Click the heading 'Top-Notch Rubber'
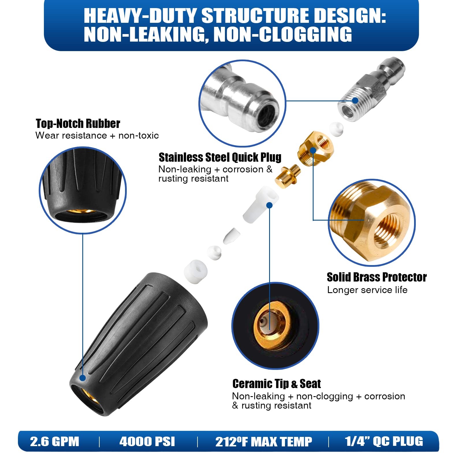coord(78,123)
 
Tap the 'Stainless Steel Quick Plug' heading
coord(220,157)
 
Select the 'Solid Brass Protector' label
coord(377,277)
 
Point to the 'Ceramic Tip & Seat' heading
coord(277,384)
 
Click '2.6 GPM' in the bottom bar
coord(55,441)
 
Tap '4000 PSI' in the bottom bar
coord(147,441)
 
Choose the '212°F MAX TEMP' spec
coord(264,441)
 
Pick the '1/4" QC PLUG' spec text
coord(384,441)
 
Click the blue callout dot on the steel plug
coord(355,100)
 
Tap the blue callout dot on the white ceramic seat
coord(269,205)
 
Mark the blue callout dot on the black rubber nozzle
coord(83,378)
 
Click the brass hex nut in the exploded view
coord(315,148)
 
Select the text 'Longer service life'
coord(367,290)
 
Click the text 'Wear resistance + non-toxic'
coord(97,135)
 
